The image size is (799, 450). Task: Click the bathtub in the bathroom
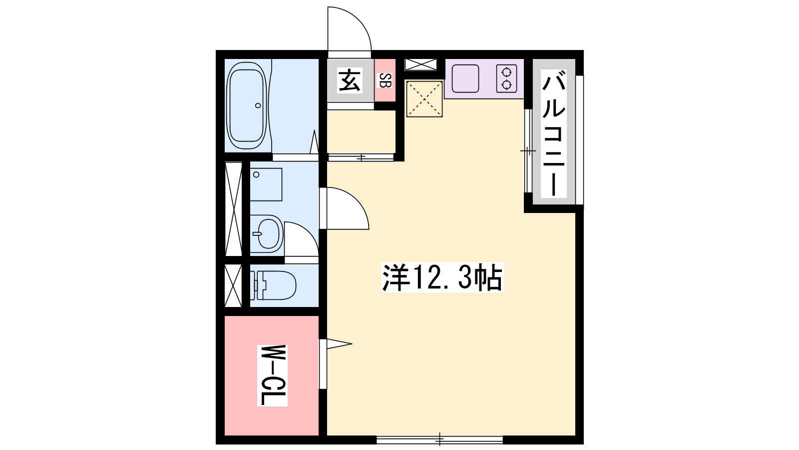point(247,105)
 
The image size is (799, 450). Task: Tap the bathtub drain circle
point(258,105)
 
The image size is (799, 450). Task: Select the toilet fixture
point(273,285)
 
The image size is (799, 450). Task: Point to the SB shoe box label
point(385,80)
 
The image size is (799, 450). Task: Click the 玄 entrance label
point(349,80)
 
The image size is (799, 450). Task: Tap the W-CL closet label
point(272,375)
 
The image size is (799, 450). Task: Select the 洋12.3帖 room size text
point(442,277)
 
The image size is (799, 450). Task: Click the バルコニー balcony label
point(554,133)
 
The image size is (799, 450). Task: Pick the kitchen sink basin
point(465,78)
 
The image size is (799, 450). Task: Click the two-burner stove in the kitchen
point(506,78)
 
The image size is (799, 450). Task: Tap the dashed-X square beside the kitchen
point(424,98)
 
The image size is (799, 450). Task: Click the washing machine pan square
point(266,184)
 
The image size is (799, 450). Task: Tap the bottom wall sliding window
point(439,439)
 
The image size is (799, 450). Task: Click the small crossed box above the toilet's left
point(233,285)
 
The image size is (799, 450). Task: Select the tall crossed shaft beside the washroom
point(233,209)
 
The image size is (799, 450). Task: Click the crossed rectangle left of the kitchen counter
point(420,64)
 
